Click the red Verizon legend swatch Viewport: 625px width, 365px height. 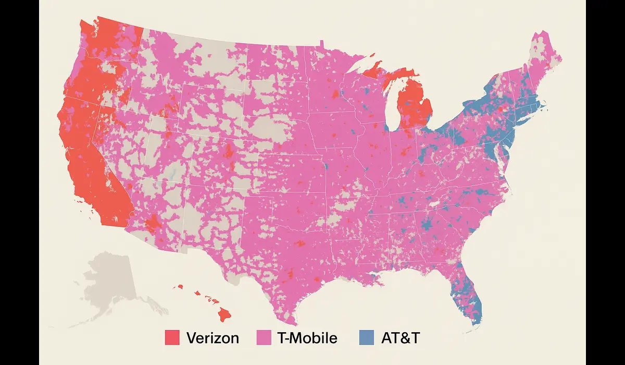(x=172, y=337)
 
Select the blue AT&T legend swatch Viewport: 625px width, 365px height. (x=367, y=337)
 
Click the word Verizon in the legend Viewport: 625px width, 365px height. (x=212, y=338)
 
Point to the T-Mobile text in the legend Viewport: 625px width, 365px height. (x=307, y=338)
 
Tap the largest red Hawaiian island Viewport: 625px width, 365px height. (x=224, y=314)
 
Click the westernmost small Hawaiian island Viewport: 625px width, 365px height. (x=181, y=286)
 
